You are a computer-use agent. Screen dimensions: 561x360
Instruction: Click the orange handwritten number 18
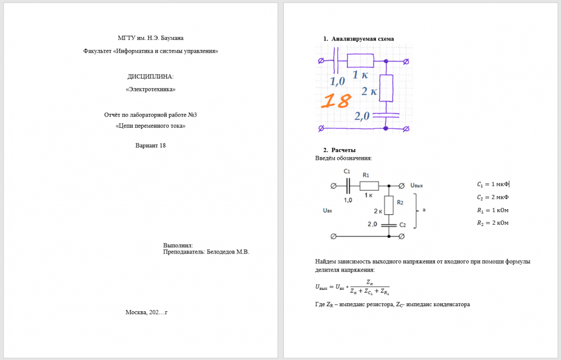[336, 101]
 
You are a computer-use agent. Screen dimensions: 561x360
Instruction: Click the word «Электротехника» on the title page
[150, 89]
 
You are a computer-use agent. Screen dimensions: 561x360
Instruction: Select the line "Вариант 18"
[150, 145]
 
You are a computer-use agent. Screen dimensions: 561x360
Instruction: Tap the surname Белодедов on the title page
[220, 252]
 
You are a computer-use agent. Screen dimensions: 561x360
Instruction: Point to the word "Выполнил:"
[178, 246]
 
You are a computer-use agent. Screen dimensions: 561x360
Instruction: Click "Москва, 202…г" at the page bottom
[146, 312]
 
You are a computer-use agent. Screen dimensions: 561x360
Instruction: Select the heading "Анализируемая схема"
[362, 39]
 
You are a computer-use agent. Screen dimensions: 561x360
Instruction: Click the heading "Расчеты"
[343, 150]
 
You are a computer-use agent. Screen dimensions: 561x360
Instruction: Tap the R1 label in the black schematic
[366, 175]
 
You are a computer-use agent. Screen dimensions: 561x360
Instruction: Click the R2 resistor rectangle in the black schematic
[389, 205]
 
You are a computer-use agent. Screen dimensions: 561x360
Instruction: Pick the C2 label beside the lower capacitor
[402, 225]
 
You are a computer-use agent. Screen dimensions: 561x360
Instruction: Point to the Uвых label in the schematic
[416, 186]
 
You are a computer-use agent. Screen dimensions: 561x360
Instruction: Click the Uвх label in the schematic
[328, 211]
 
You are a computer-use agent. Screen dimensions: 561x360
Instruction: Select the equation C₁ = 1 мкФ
[493, 184]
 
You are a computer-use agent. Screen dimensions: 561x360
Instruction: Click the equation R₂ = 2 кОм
[493, 223]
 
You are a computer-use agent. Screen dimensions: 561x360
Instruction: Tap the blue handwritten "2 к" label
[369, 91]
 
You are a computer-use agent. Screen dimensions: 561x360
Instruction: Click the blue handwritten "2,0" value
[362, 116]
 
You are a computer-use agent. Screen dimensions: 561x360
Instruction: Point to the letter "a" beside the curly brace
[424, 210]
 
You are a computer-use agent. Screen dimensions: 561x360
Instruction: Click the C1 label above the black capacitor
[347, 172]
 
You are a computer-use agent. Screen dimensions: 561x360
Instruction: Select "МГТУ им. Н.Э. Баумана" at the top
[150, 38]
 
